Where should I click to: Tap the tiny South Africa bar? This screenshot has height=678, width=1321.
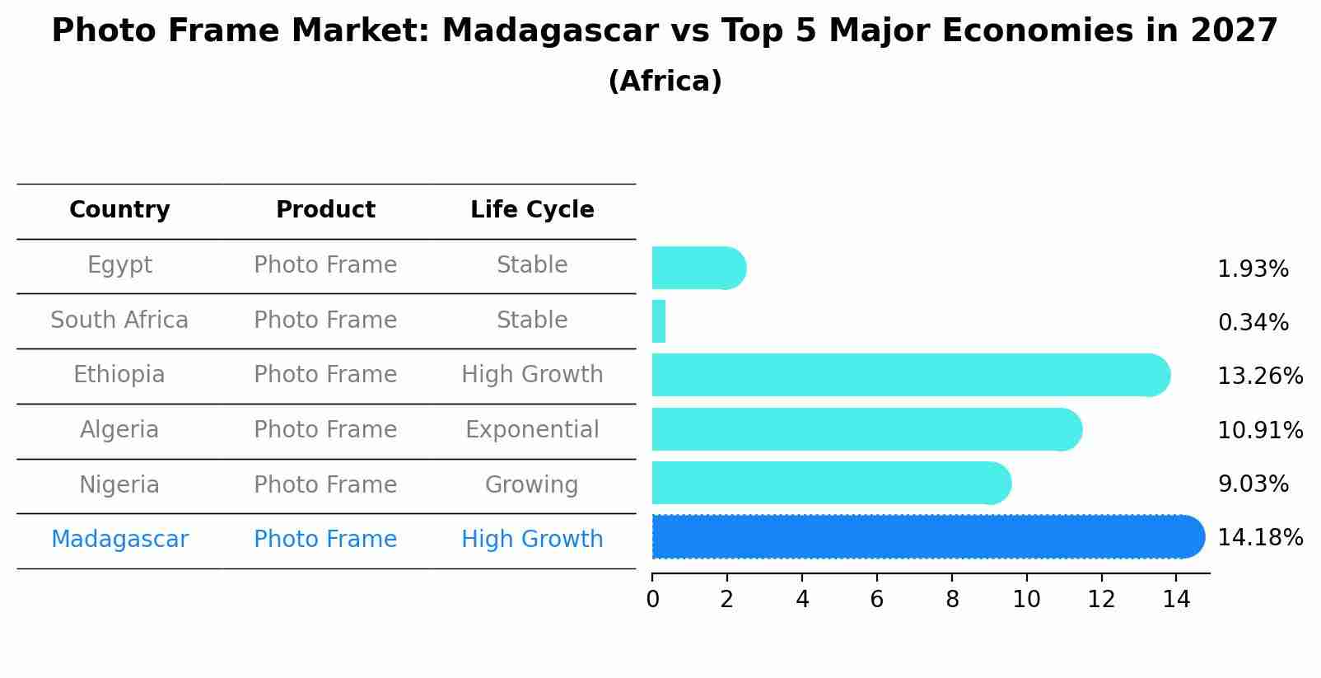tap(659, 321)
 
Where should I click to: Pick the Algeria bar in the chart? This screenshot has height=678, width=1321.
tap(865, 429)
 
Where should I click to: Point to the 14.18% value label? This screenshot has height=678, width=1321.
tap(1260, 538)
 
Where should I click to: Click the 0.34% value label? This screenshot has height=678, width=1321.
tap(1253, 323)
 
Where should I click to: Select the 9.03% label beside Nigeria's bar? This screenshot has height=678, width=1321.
tap(1253, 484)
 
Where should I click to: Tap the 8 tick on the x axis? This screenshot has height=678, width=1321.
tap(952, 600)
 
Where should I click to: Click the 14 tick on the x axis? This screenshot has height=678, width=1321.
tap(1176, 600)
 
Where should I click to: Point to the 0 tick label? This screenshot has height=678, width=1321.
tap(652, 600)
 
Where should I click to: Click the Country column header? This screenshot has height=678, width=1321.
tap(119, 210)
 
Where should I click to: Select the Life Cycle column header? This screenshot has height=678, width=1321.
tap(532, 210)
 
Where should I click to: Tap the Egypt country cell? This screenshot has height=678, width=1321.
tap(119, 265)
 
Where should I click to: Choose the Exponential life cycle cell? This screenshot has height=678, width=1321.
tap(532, 430)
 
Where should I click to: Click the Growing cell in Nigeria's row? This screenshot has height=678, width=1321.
tap(532, 485)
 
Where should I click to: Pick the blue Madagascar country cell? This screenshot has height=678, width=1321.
tap(119, 540)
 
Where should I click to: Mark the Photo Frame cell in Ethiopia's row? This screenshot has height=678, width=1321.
tap(325, 375)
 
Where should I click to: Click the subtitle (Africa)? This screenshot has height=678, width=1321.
tap(665, 82)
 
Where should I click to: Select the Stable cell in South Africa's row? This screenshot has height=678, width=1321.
tap(532, 320)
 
